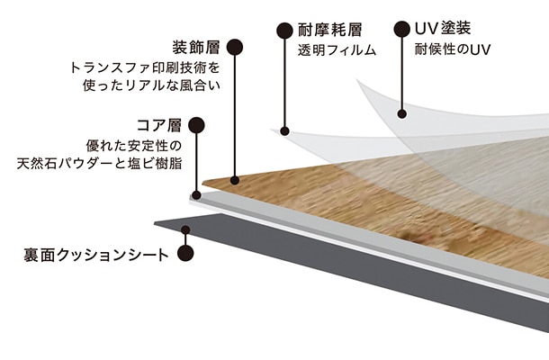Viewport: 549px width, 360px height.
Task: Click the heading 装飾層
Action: click(197, 45)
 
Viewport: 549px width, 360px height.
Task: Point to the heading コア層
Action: click(160, 125)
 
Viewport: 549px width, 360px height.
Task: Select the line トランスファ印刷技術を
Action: click(145, 67)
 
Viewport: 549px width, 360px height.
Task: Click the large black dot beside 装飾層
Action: click(236, 46)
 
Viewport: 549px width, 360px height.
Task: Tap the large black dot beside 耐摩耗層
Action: click(284, 29)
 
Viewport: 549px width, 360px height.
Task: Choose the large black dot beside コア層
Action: click(198, 126)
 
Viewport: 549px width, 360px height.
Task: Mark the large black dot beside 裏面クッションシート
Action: click(184, 254)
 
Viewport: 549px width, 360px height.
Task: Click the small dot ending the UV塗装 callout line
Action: click(400, 114)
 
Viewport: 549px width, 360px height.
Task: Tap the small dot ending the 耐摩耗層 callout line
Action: click(284, 131)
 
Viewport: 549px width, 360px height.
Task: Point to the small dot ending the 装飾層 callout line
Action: click(236, 180)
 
